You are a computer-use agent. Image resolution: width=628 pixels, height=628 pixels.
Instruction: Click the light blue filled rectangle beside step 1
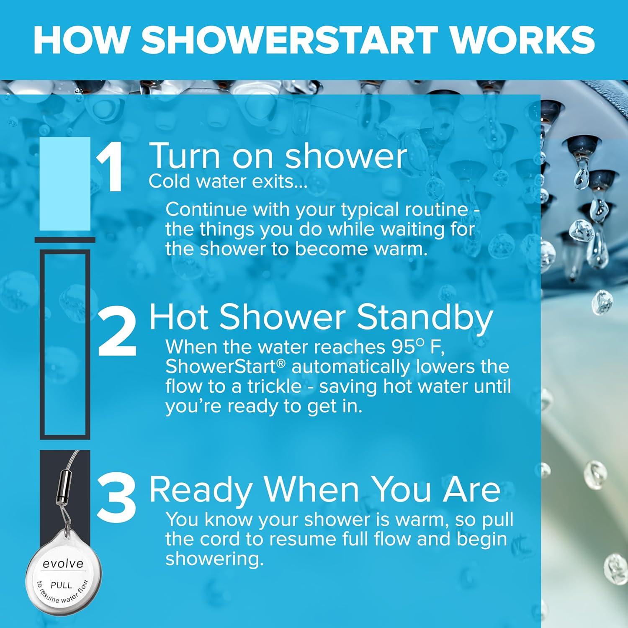65,184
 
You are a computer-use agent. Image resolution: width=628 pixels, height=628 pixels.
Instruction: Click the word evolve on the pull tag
63,564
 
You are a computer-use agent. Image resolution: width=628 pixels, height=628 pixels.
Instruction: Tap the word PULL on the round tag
61,584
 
